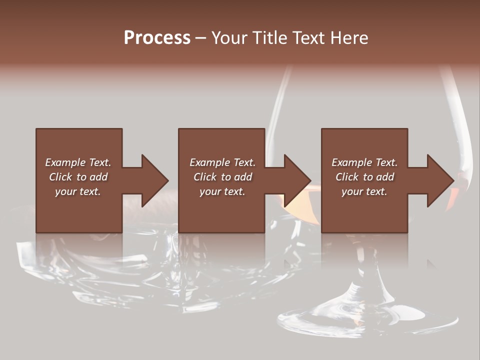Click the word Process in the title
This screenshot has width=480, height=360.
click(157, 38)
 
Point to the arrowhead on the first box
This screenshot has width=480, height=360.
click(152, 180)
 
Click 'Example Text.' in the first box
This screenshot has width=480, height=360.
click(78, 162)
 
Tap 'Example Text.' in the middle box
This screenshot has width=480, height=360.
click(222, 162)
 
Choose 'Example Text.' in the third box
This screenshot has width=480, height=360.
click(364, 162)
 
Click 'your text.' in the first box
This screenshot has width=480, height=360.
click(78, 191)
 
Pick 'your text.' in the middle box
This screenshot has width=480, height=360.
click(222, 191)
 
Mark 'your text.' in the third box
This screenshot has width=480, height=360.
click(364, 191)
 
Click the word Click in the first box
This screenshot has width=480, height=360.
click(61, 177)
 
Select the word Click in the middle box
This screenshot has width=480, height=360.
click(205, 177)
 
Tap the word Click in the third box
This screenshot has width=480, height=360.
click(347, 177)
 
